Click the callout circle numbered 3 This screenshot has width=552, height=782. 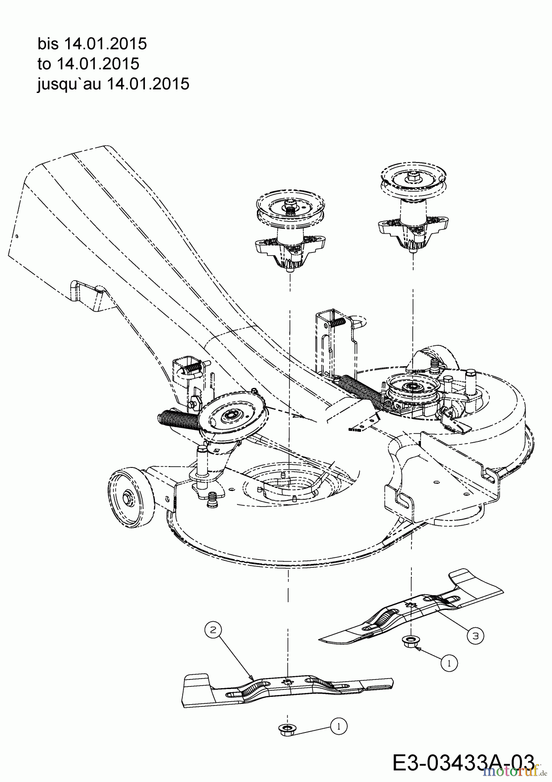(x=476, y=636)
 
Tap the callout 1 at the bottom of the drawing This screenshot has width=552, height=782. (x=339, y=726)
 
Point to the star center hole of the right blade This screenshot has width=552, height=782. (x=411, y=605)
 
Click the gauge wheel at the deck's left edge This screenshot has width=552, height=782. (x=128, y=494)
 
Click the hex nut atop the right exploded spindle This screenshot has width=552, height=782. (x=411, y=176)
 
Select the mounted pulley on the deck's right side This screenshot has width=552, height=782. (x=410, y=385)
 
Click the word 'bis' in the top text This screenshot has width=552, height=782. (x=49, y=44)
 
